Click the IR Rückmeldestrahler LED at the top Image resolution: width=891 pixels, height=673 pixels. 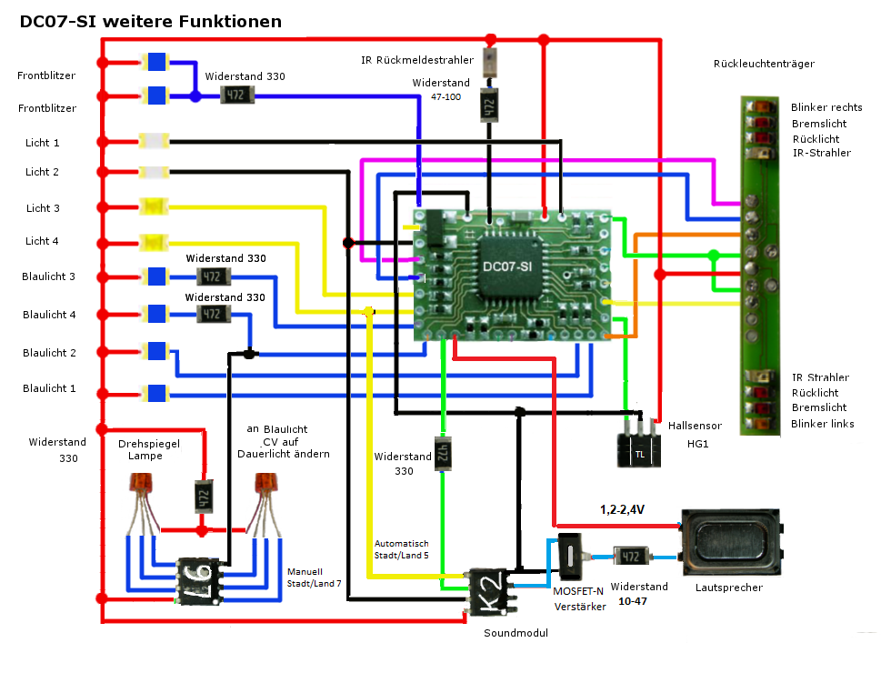pos(490,61)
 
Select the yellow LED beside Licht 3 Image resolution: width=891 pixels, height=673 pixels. pos(151,207)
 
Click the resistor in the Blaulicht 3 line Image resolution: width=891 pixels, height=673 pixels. pos(212,276)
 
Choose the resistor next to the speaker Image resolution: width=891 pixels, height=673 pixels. pos(630,556)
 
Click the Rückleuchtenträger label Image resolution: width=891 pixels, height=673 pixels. pos(764,64)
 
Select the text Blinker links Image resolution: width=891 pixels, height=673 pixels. pos(822,424)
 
